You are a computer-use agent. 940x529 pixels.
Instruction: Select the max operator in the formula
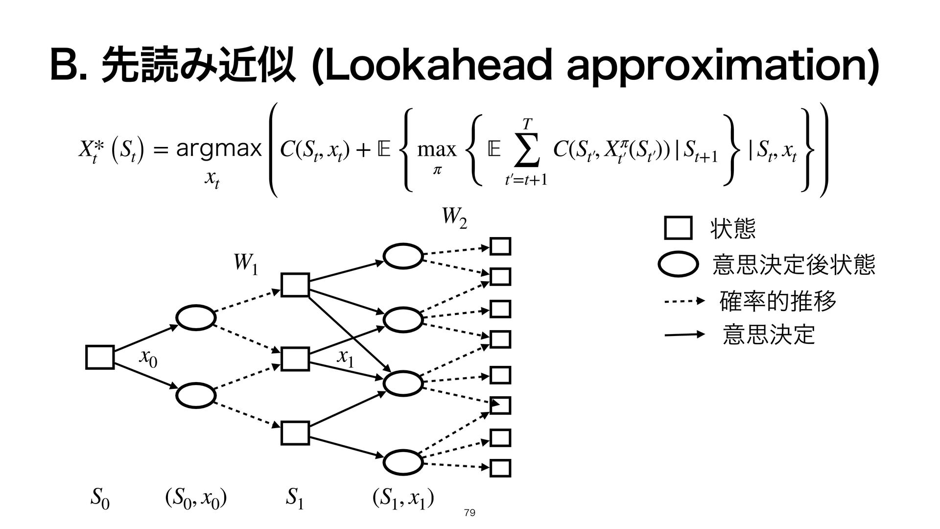436,148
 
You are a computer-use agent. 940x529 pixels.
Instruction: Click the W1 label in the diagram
246,265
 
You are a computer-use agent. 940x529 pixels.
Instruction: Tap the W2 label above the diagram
454,218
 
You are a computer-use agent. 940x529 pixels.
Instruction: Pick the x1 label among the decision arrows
345,359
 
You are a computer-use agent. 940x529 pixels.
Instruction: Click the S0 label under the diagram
100,500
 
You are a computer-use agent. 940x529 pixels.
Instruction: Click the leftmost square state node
100,357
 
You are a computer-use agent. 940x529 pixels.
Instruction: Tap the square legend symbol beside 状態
678,228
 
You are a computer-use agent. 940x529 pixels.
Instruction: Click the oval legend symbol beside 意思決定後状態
678,265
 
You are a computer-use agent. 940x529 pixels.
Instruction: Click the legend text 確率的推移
777,301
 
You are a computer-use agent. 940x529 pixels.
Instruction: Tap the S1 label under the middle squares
295,500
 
